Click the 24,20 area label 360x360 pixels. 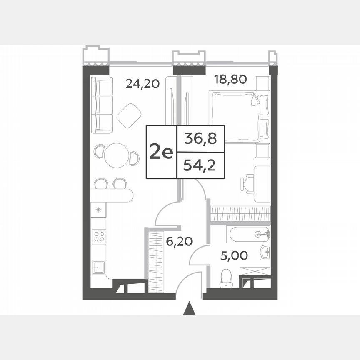click(x=142, y=85)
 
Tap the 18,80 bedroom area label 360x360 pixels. click(x=230, y=79)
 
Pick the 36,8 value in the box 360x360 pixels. click(x=200, y=139)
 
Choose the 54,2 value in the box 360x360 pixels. click(x=200, y=166)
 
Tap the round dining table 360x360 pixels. click(x=116, y=155)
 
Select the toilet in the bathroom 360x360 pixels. click(x=226, y=278)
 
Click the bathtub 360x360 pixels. click(x=248, y=234)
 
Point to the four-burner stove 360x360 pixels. click(x=99, y=236)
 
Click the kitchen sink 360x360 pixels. click(x=99, y=265)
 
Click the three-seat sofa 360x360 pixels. click(x=102, y=105)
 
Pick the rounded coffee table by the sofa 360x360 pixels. click(x=129, y=115)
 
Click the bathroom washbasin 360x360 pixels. click(x=265, y=251)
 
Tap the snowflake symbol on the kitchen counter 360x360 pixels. click(x=99, y=210)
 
